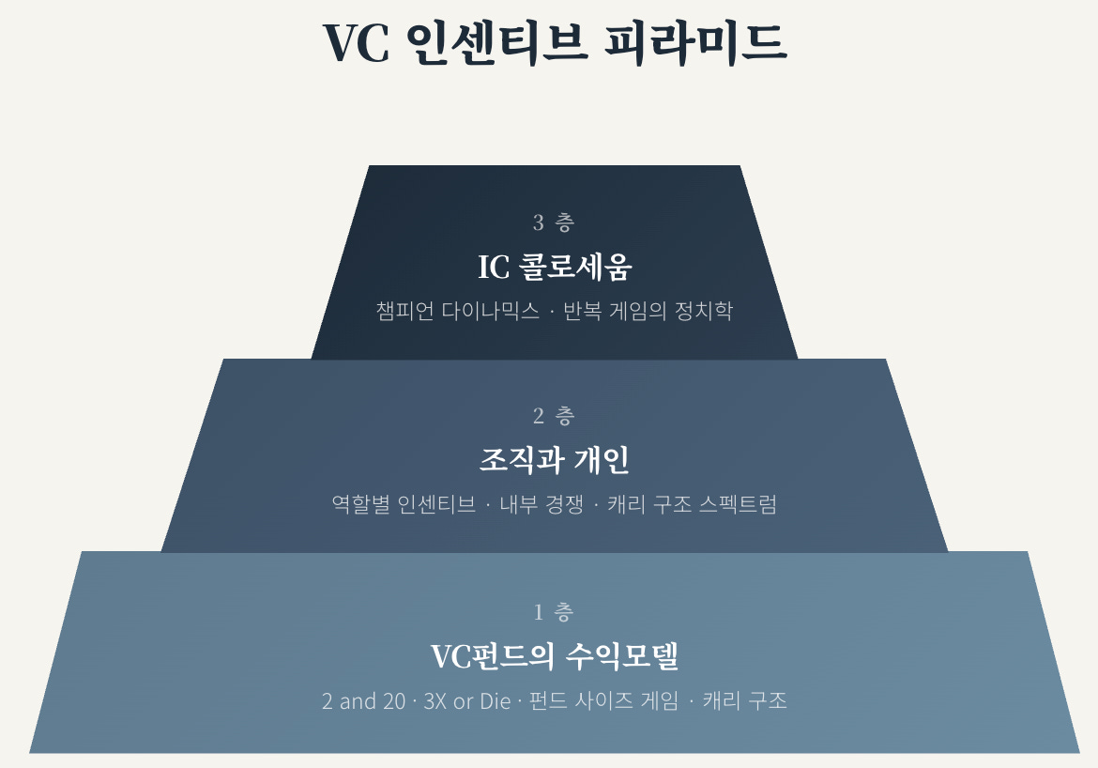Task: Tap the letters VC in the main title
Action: [x=356, y=41]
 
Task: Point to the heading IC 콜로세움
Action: [x=554, y=268]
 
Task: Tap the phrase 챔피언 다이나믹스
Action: [x=458, y=312]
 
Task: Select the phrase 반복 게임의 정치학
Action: [x=648, y=312]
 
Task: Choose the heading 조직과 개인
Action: [x=554, y=460]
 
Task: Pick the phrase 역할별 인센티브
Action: [x=404, y=504]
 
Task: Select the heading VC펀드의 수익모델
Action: [x=554, y=656]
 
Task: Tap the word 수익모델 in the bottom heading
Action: [x=622, y=656]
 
